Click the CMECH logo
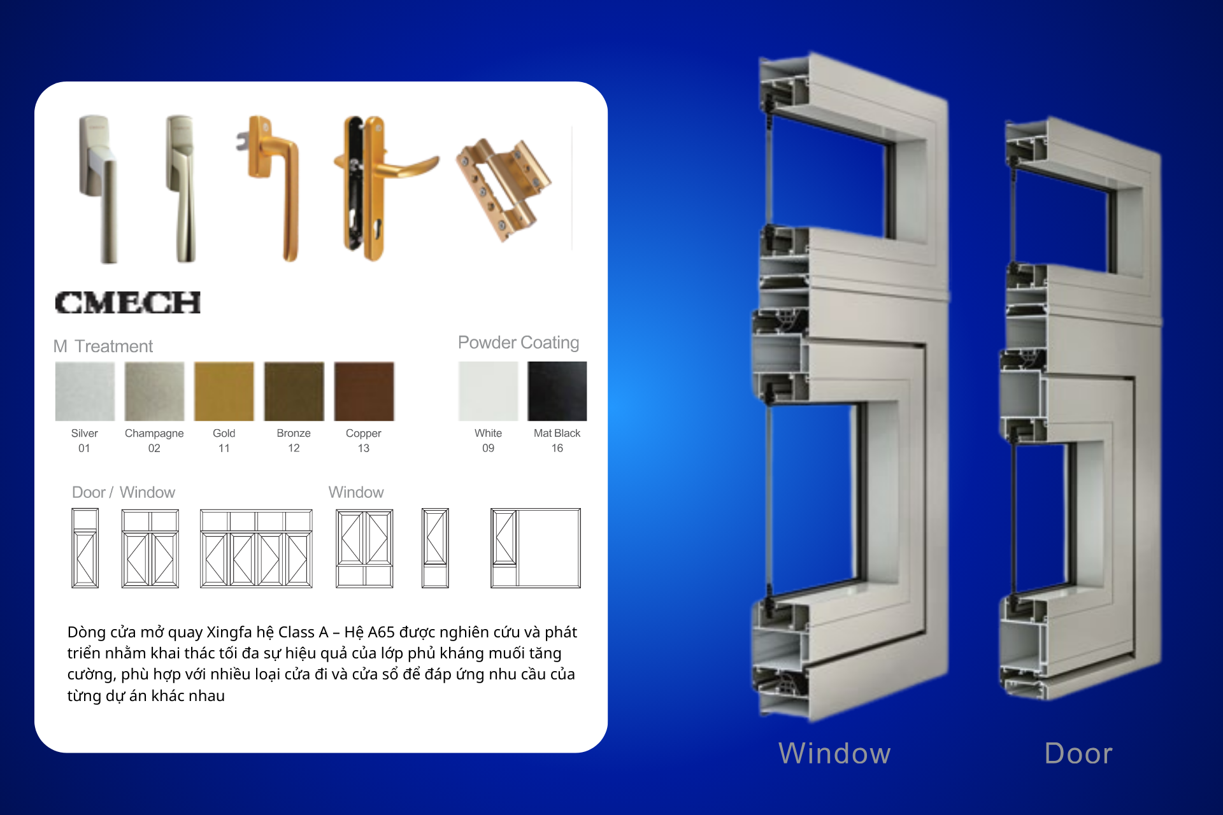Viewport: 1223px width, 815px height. (127, 302)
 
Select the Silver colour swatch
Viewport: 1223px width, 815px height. (85, 391)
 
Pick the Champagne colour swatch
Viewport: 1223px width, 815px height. (154, 391)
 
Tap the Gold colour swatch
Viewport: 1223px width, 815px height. (224, 391)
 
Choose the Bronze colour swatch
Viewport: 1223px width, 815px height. (294, 391)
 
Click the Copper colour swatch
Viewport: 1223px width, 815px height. (364, 391)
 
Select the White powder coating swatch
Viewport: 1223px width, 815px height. (488, 391)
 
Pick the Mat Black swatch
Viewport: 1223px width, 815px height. (557, 391)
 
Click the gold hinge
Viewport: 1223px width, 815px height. (504, 188)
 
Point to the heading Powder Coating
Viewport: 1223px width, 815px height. (518, 343)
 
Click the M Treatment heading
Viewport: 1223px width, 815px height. (103, 346)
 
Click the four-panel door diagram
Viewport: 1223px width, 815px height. (256, 548)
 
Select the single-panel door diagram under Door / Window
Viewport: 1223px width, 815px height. (85, 548)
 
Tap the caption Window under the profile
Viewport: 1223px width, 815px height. (834, 753)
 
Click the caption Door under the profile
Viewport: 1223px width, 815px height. (1078, 753)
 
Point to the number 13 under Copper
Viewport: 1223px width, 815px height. (363, 448)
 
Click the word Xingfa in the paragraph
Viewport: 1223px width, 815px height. (229, 632)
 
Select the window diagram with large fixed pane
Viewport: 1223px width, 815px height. (535, 548)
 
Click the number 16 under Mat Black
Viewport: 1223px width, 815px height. (557, 448)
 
